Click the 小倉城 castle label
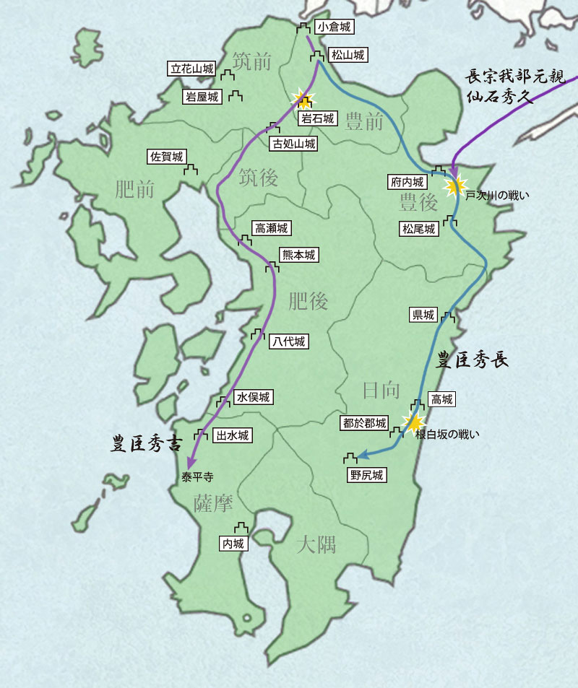[x=335, y=27]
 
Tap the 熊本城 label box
[x=298, y=255]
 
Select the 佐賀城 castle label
[x=167, y=156]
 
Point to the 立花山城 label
[x=191, y=69]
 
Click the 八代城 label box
[x=288, y=341]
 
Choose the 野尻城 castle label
[x=366, y=475]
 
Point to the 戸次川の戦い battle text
[x=498, y=195]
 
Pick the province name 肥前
[x=135, y=189]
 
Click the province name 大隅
[x=316, y=544]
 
